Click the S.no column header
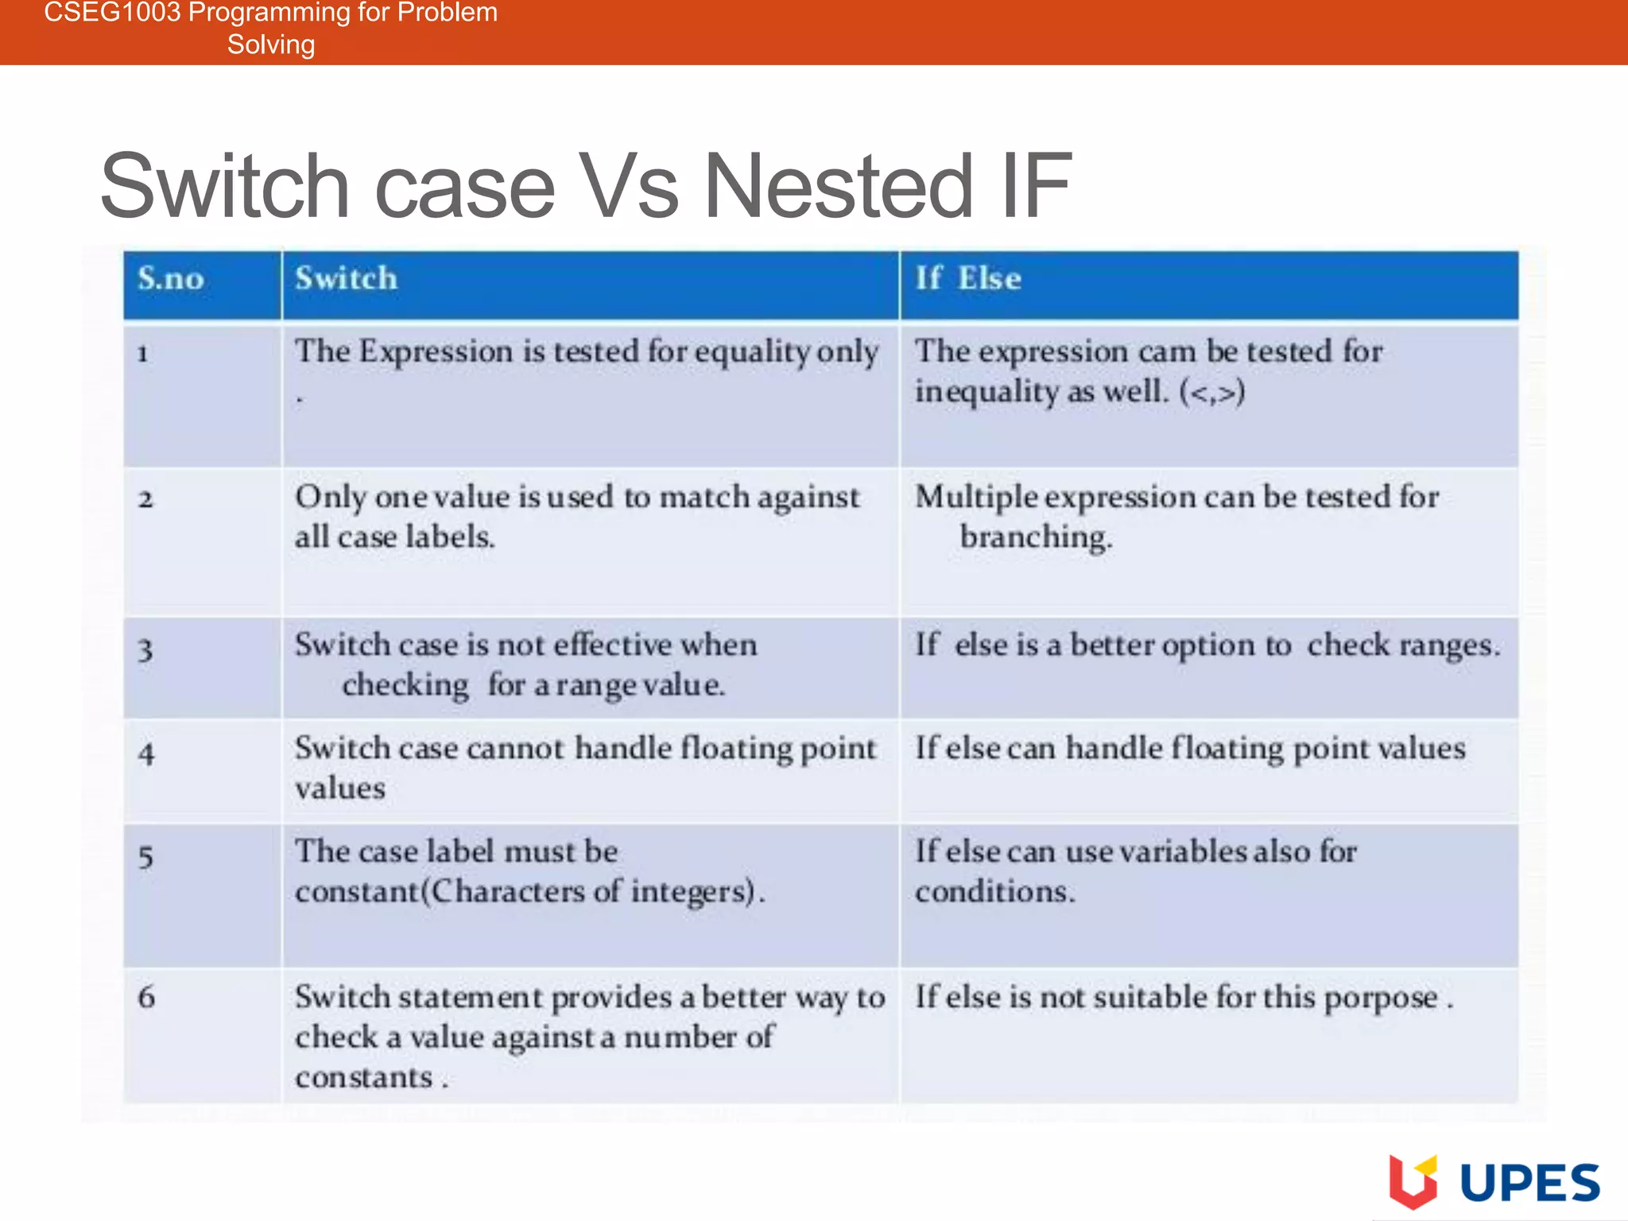pos(171,279)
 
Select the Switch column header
pos(346,279)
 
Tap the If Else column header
pos(967,279)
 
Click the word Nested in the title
pos(838,187)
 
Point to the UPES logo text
pos(1529,1184)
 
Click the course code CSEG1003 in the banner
pos(112,13)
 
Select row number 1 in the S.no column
pos(143,354)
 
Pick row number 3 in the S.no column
pos(145,650)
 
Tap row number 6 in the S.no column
pos(146,997)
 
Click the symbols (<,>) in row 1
pos(1211,392)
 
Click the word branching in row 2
pos(1035,537)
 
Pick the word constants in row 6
pos(363,1078)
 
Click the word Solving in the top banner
pos(271,45)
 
